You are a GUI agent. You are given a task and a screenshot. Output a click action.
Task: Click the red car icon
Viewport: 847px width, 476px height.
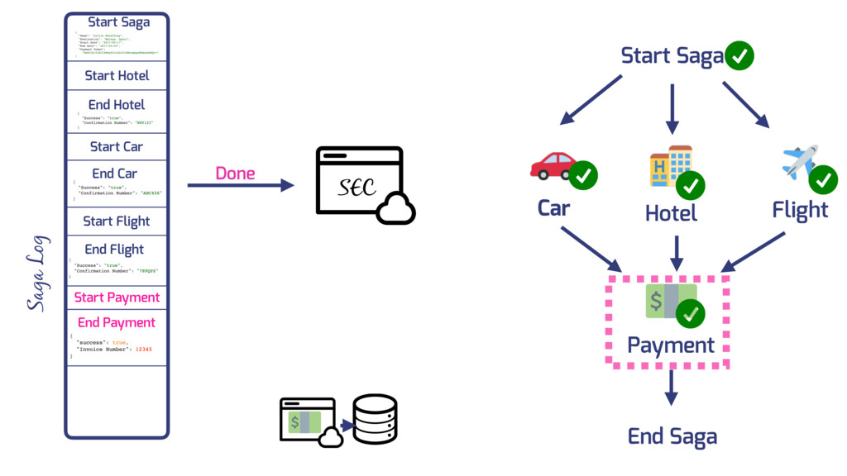coord(553,165)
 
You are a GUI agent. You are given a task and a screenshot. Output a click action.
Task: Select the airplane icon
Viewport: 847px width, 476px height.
coord(799,161)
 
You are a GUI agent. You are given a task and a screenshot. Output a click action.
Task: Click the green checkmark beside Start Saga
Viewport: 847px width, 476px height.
coord(739,56)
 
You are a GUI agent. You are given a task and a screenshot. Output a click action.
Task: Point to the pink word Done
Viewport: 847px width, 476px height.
coord(235,174)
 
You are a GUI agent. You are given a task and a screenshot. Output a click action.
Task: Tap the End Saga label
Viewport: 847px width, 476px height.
coord(672,436)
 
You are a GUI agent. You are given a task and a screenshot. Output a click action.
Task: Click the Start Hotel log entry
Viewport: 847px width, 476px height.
coord(117,75)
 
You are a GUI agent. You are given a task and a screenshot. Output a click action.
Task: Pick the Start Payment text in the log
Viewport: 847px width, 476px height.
coord(117,297)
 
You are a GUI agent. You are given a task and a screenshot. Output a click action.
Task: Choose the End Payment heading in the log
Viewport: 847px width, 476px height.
coord(117,322)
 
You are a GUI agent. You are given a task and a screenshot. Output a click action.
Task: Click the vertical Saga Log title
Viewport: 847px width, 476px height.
coord(37,274)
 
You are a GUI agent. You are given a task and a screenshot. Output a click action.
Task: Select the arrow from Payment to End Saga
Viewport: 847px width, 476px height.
coord(672,387)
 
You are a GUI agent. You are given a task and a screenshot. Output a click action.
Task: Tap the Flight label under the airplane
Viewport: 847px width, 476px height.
coord(800,211)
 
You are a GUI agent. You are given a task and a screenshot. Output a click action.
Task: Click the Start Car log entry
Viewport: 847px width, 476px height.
coord(117,146)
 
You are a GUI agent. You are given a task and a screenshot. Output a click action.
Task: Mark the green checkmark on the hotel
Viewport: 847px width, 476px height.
coord(690,186)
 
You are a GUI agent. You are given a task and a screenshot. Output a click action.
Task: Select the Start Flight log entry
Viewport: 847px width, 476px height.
coord(117,221)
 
